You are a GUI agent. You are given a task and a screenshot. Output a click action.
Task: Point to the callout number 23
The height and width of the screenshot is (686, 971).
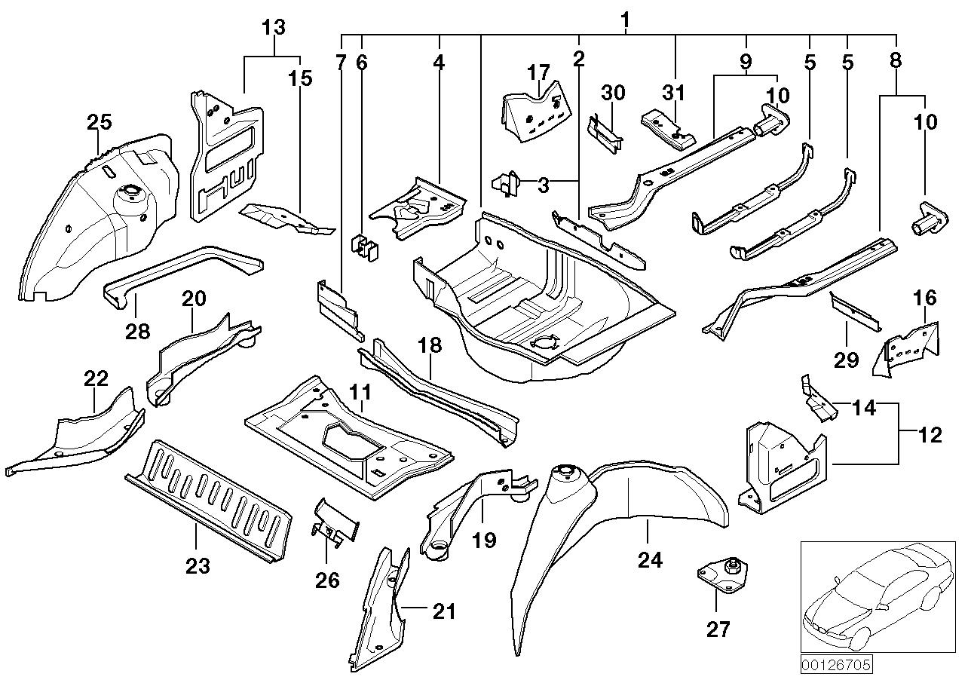(x=198, y=566)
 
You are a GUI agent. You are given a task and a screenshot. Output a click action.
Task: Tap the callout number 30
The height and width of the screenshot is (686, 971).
(x=614, y=93)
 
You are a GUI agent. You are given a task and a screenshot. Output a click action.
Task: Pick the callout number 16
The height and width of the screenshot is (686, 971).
(x=925, y=298)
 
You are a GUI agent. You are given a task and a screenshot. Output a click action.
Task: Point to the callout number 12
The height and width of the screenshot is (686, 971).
(x=931, y=435)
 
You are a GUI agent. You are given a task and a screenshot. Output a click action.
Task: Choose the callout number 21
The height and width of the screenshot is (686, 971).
(x=445, y=611)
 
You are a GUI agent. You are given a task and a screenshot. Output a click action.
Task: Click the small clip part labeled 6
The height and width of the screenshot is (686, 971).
(x=363, y=248)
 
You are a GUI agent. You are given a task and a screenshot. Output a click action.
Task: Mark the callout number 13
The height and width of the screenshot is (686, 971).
(x=274, y=28)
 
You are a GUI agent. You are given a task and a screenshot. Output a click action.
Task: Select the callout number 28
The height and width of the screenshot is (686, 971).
(x=139, y=329)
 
